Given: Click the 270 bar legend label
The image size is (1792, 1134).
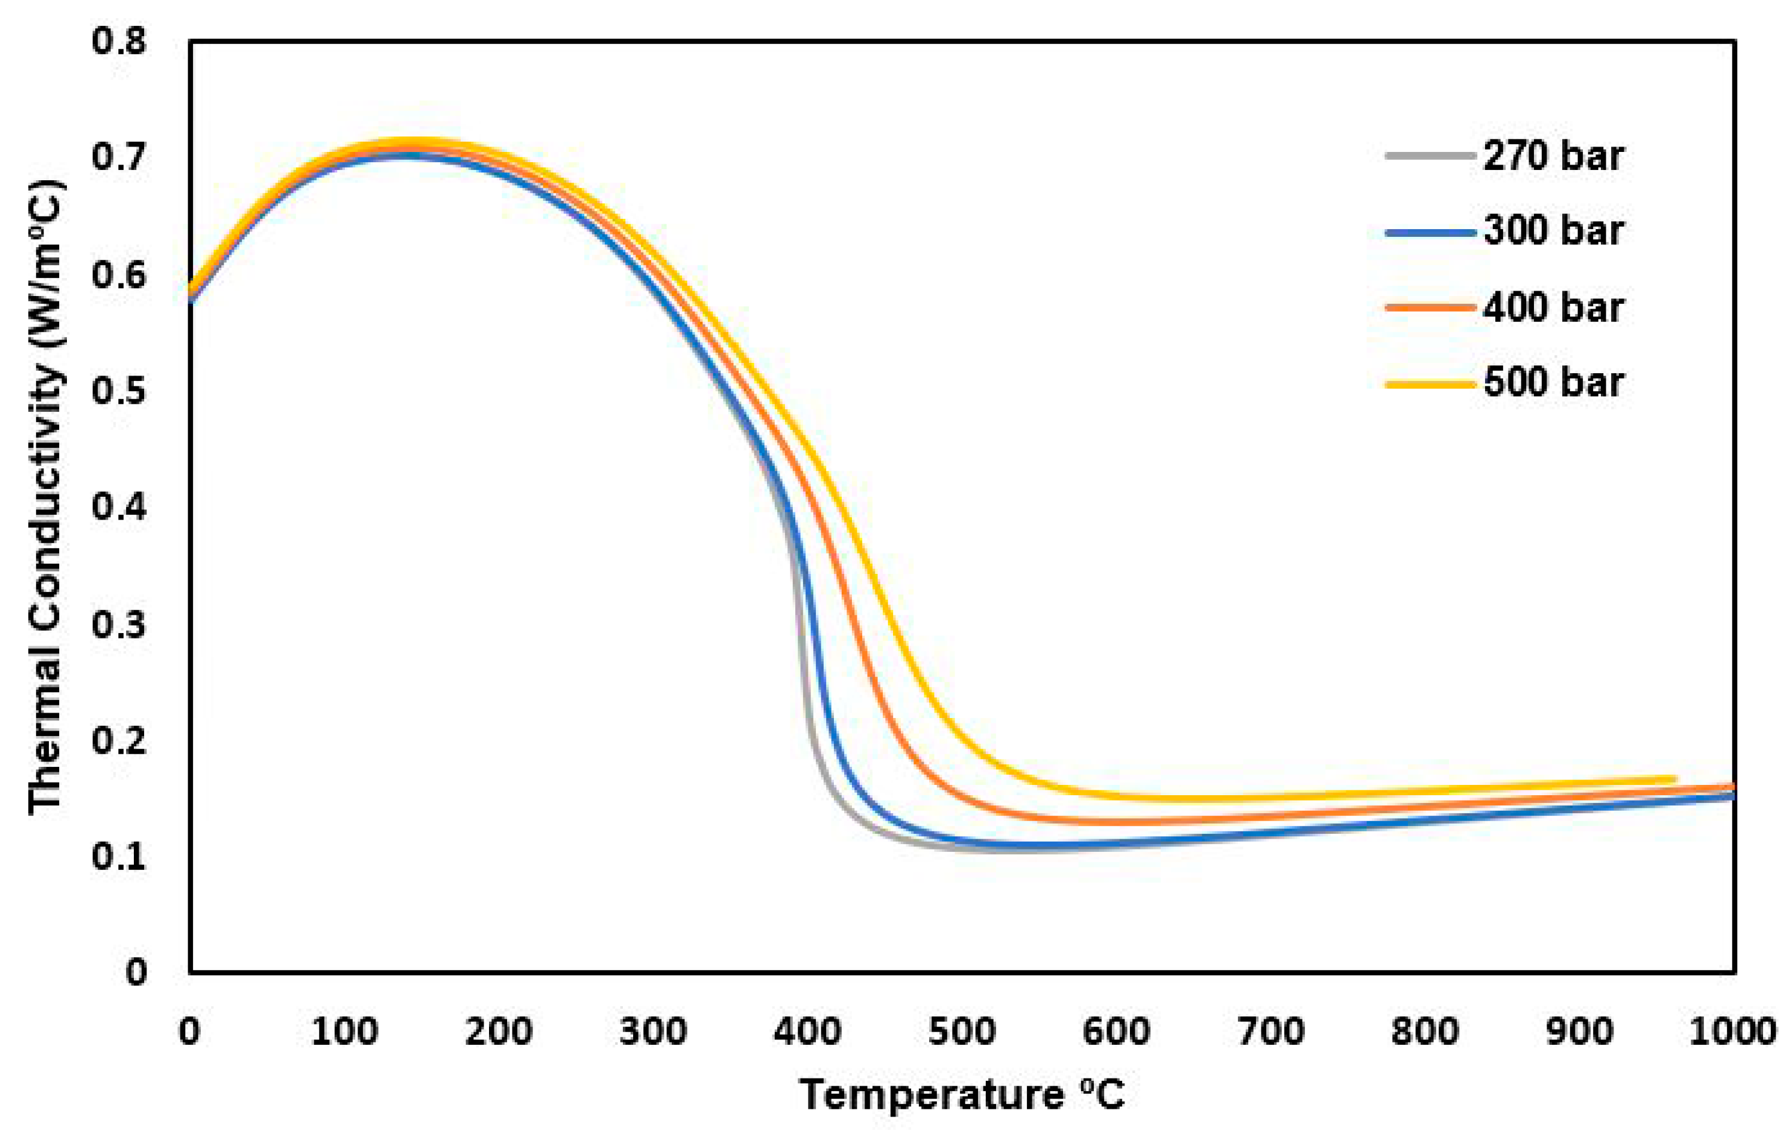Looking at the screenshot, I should pyautogui.click(x=1553, y=157).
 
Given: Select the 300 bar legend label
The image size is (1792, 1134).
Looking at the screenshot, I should pyautogui.click(x=1553, y=232).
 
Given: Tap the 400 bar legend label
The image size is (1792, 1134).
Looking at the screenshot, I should pyautogui.click(x=1553, y=308).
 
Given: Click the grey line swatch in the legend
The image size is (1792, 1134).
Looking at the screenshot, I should pyautogui.click(x=1430, y=156).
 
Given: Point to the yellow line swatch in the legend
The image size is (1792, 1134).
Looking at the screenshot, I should pyautogui.click(x=1430, y=384).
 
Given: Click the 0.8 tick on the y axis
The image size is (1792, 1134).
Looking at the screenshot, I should pyautogui.click(x=119, y=42).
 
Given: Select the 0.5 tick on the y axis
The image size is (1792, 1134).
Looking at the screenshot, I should pyautogui.click(x=119, y=391).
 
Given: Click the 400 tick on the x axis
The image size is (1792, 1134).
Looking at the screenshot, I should pyautogui.click(x=807, y=1032).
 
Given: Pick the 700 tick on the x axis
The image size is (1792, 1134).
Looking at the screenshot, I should pyautogui.click(x=1271, y=1032).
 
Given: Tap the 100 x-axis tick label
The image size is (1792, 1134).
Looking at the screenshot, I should pyautogui.click(x=344, y=1032).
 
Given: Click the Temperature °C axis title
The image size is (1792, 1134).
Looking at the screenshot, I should pyautogui.click(x=962, y=1095).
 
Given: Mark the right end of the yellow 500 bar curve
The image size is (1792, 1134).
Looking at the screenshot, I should pyautogui.click(x=1674, y=779).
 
